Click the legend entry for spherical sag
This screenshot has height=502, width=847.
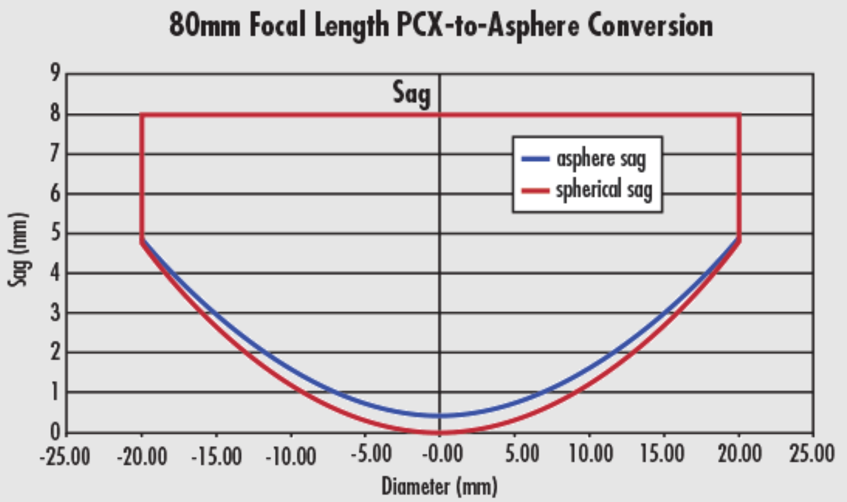tap(604, 190)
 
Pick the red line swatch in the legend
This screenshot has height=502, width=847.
tap(535, 190)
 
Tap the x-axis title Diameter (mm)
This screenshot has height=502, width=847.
tap(439, 486)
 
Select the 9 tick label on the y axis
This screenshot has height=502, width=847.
tap(56, 74)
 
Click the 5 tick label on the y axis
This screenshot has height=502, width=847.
tap(56, 234)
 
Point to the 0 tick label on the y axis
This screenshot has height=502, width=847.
tap(56, 432)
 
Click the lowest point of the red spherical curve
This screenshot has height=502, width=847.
tap(440, 431)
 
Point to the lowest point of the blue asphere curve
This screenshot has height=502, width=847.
tap(440, 415)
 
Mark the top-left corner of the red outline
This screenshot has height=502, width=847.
tap(143, 115)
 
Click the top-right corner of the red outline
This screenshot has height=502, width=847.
tap(739, 115)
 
